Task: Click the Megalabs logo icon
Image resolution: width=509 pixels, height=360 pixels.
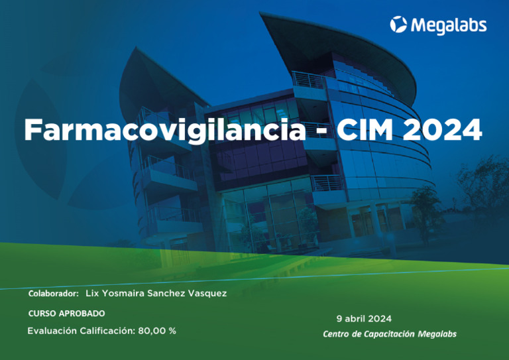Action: tap(398, 25)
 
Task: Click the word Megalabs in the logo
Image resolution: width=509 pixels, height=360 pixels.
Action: tap(448, 26)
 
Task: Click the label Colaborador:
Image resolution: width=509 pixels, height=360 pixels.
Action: tap(54, 293)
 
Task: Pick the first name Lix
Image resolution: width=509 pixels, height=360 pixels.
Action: tap(93, 293)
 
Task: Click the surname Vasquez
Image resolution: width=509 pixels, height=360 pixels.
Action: tap(209, 293)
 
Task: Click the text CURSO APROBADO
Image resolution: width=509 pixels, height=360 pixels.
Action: tap(66, 313)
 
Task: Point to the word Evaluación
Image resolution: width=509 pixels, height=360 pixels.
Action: tap(52, 330)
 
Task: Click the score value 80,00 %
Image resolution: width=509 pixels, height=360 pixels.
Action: tap(157, 330)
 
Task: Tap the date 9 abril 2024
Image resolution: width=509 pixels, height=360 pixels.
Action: tap(364, 318)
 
